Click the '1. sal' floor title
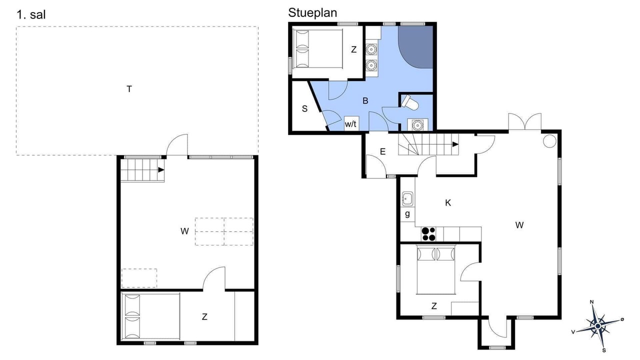(x=31, y=14)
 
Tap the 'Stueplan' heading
(x=312, y=13)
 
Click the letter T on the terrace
(x=129, y=89)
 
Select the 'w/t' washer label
(x=350, y=124)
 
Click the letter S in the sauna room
(x=305, y=108)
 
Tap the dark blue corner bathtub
(x=415, y=47)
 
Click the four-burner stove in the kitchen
(x=428, y=234)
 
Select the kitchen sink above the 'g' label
(x=407, y=198)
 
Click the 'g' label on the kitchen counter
(x=407, y=213)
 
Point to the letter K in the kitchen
(x=448, y=203)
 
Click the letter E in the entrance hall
(x=382, y=151)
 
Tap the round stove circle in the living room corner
(x=549, y=141)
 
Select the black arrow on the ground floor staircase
(x=455, y=144)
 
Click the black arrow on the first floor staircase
(x=161, y=169)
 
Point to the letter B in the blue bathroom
(x=365, y=100)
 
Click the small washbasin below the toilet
(x=417, y=125)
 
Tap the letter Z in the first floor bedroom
(x=204, y=316)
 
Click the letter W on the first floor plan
(x=184, y=231)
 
